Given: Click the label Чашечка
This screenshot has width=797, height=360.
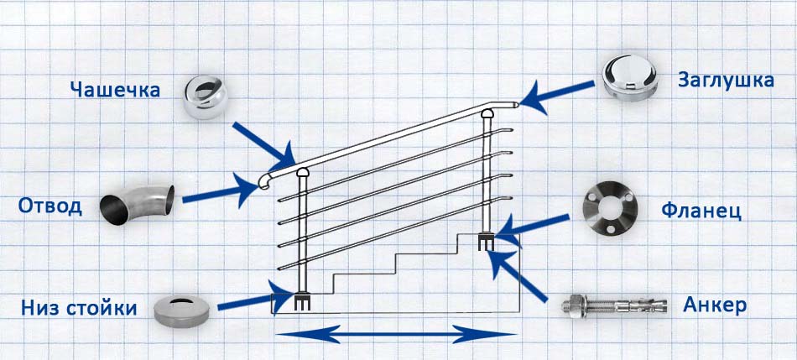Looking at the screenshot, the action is pos(116,90).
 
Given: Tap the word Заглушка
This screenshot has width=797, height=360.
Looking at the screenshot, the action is pos(726,81).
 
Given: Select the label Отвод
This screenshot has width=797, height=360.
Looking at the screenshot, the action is pos(49,206).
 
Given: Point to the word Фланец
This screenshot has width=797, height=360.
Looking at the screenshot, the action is pos(701,211).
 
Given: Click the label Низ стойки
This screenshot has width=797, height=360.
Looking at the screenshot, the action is pos(79,308).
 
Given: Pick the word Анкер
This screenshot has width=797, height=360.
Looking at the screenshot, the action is pos(715,305).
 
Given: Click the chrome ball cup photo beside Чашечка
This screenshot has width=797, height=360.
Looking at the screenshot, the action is pos(206,97).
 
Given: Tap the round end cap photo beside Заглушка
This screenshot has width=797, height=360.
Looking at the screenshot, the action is pos(630,78).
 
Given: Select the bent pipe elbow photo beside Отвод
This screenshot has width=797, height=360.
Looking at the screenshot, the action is pos(138,205).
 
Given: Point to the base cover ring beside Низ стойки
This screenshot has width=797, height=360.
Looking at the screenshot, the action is pos(181,310).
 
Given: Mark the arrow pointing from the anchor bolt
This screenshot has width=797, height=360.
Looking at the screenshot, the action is pos(515,274).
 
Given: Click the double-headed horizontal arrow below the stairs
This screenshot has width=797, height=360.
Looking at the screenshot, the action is pos(395,334).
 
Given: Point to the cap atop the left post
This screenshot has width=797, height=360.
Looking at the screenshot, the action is pos(302,173).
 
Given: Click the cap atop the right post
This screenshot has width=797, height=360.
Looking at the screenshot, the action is pos(487,113).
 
